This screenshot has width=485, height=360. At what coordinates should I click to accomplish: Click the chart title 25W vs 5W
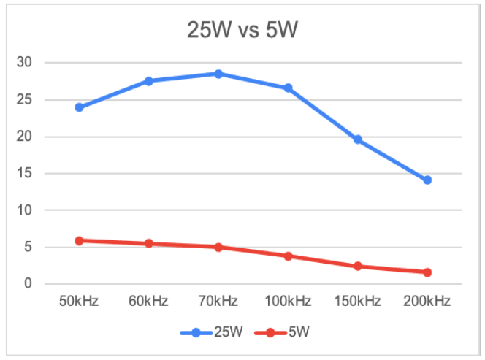pyautogui.click(x=242, y=33)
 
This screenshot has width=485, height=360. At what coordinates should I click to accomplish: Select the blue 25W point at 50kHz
pyautogui.click(x=79, y=107)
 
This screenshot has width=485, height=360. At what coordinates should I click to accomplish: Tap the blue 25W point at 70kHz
pyautogui.click(x=218, y=74)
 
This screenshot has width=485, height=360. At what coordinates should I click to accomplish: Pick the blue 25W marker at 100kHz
pyautogui.click(x=288, y=88)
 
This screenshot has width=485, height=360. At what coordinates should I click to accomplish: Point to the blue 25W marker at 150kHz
pyautogui.click(x=358, y=139)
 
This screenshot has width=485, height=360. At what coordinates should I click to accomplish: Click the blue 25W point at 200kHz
pyautogui.click(x=427, y=180)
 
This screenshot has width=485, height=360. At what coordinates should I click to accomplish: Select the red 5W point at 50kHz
pyautogui.click(x=79, y=240)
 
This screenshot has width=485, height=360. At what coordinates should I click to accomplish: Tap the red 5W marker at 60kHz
pyautogui.click(x=148, y=243)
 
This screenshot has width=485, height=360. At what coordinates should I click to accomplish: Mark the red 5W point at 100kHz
pyautogui.click(x=288, y=256)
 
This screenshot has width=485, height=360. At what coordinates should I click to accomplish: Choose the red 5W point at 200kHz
pyautogui.click(x=427, y=272)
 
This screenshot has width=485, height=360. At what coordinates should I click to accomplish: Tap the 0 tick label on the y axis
pyautogui.click(x=27, y=284)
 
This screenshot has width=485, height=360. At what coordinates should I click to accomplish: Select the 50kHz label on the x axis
pyautogui.click(x=79, y=301)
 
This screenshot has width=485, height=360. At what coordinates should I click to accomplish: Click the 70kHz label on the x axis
pyautogui.click(x=218, y=301)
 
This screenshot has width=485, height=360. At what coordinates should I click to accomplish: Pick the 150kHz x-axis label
pyautogui.click(x=358, y=301)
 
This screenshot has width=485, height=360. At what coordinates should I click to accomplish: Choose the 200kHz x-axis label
pyautogui.click(x=427, y=301)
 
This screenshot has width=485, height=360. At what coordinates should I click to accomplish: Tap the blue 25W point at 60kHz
pyautogui.click(x=148, y=81)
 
